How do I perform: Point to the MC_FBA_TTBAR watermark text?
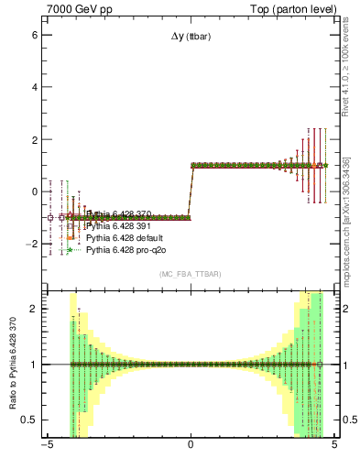(191, 274)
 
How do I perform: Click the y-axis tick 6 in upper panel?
(34, 35)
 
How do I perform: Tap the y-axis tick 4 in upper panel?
(34, 87)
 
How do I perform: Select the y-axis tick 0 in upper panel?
(34, 192)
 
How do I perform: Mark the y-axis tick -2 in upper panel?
(32, 245)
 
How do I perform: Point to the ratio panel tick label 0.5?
(30, 420)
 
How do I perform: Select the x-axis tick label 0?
(191, 446)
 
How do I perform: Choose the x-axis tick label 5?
(334, 446)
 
